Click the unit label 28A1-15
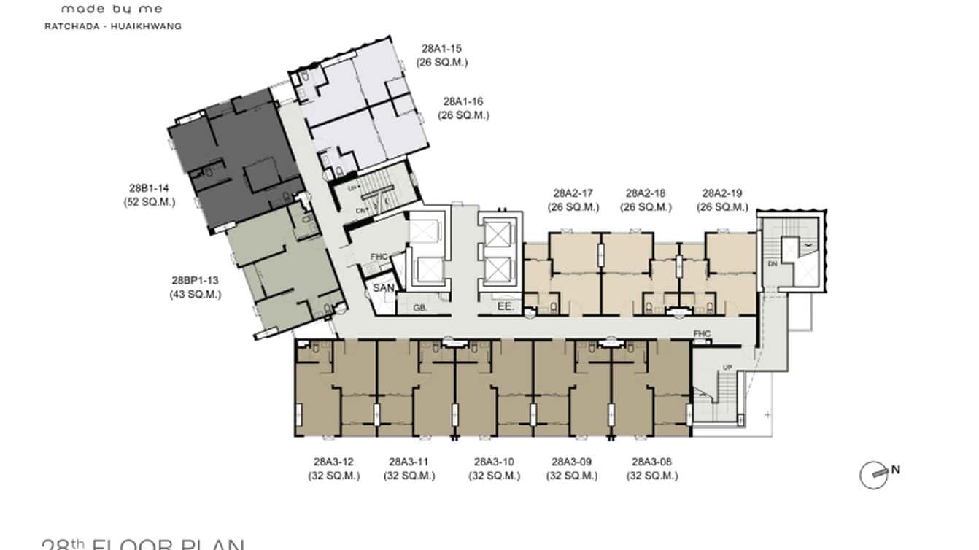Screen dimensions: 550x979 [441, 50]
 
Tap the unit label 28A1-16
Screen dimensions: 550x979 [463, 102]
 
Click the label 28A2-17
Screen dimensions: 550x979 [573, 194]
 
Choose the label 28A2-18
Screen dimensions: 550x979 [646, 194]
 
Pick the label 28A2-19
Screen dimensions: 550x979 [722, 194]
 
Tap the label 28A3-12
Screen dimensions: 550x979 [333, 462]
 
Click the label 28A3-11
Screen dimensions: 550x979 [409, 462]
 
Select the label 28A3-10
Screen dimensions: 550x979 [494, 462]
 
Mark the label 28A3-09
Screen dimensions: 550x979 [571, 462]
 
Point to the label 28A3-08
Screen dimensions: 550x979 [651, 462]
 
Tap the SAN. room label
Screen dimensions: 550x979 [384, 289]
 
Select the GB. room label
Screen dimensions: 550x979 [420, 309]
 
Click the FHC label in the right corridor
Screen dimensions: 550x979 [702, 334]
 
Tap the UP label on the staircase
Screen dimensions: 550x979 [727, 367]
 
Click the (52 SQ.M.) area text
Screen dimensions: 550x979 [149, 202]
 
